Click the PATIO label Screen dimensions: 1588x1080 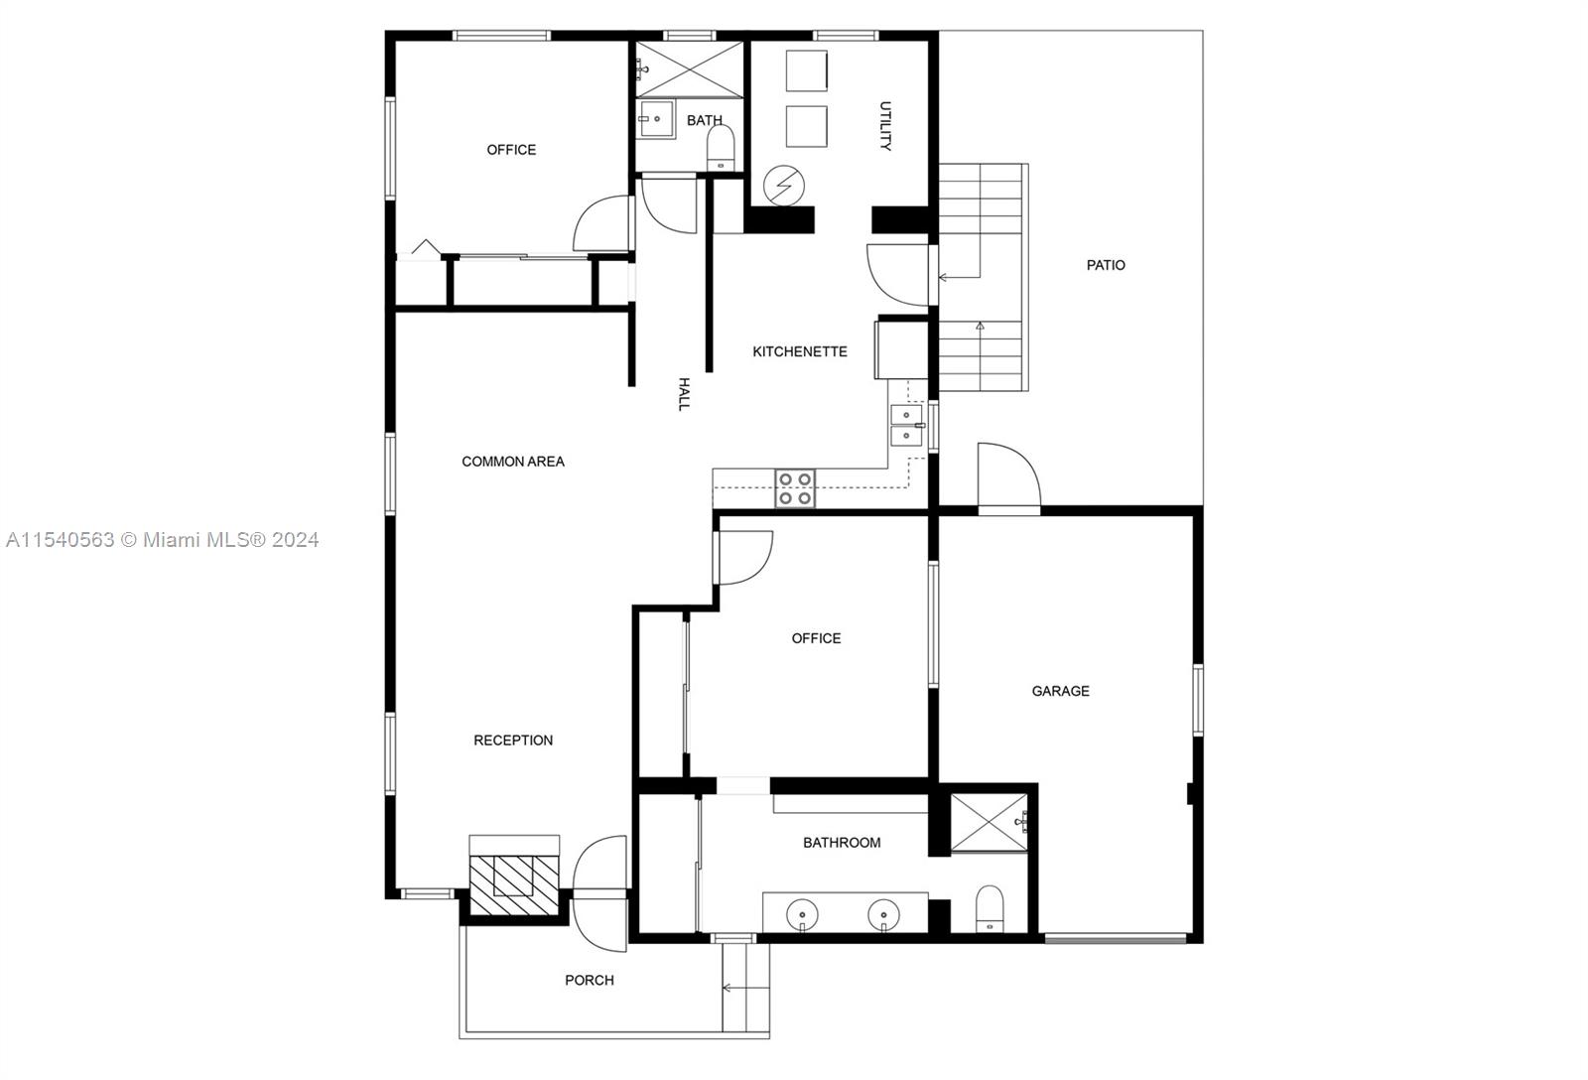tap(1106, 265)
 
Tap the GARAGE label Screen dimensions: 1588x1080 tap(1060, 691)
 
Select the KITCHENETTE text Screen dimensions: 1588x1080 tap(800, 351)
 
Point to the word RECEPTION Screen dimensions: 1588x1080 tap(512, 741)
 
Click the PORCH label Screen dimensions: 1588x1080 tap(590, 980)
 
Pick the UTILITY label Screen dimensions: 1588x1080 tap(885, 125)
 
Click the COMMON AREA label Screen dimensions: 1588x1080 tap(512, 462)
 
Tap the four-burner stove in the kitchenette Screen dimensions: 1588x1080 tap(795, 488)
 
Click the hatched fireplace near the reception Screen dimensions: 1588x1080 tap(514, 884)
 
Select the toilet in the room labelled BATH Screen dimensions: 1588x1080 tap(721, 148)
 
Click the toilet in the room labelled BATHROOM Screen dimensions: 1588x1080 tap(990, 908)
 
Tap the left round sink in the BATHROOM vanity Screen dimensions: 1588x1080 tap(802, 914)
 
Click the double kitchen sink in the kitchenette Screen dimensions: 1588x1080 tap(907, 426)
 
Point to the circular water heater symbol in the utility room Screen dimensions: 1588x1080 tap(784, 186)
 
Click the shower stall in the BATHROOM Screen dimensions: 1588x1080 tap(989, 822)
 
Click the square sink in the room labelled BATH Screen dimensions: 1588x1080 tap(656, 119)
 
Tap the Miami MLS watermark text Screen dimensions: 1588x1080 tap(162, 540)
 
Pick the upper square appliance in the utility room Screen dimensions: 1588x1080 tap(807, 70)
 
